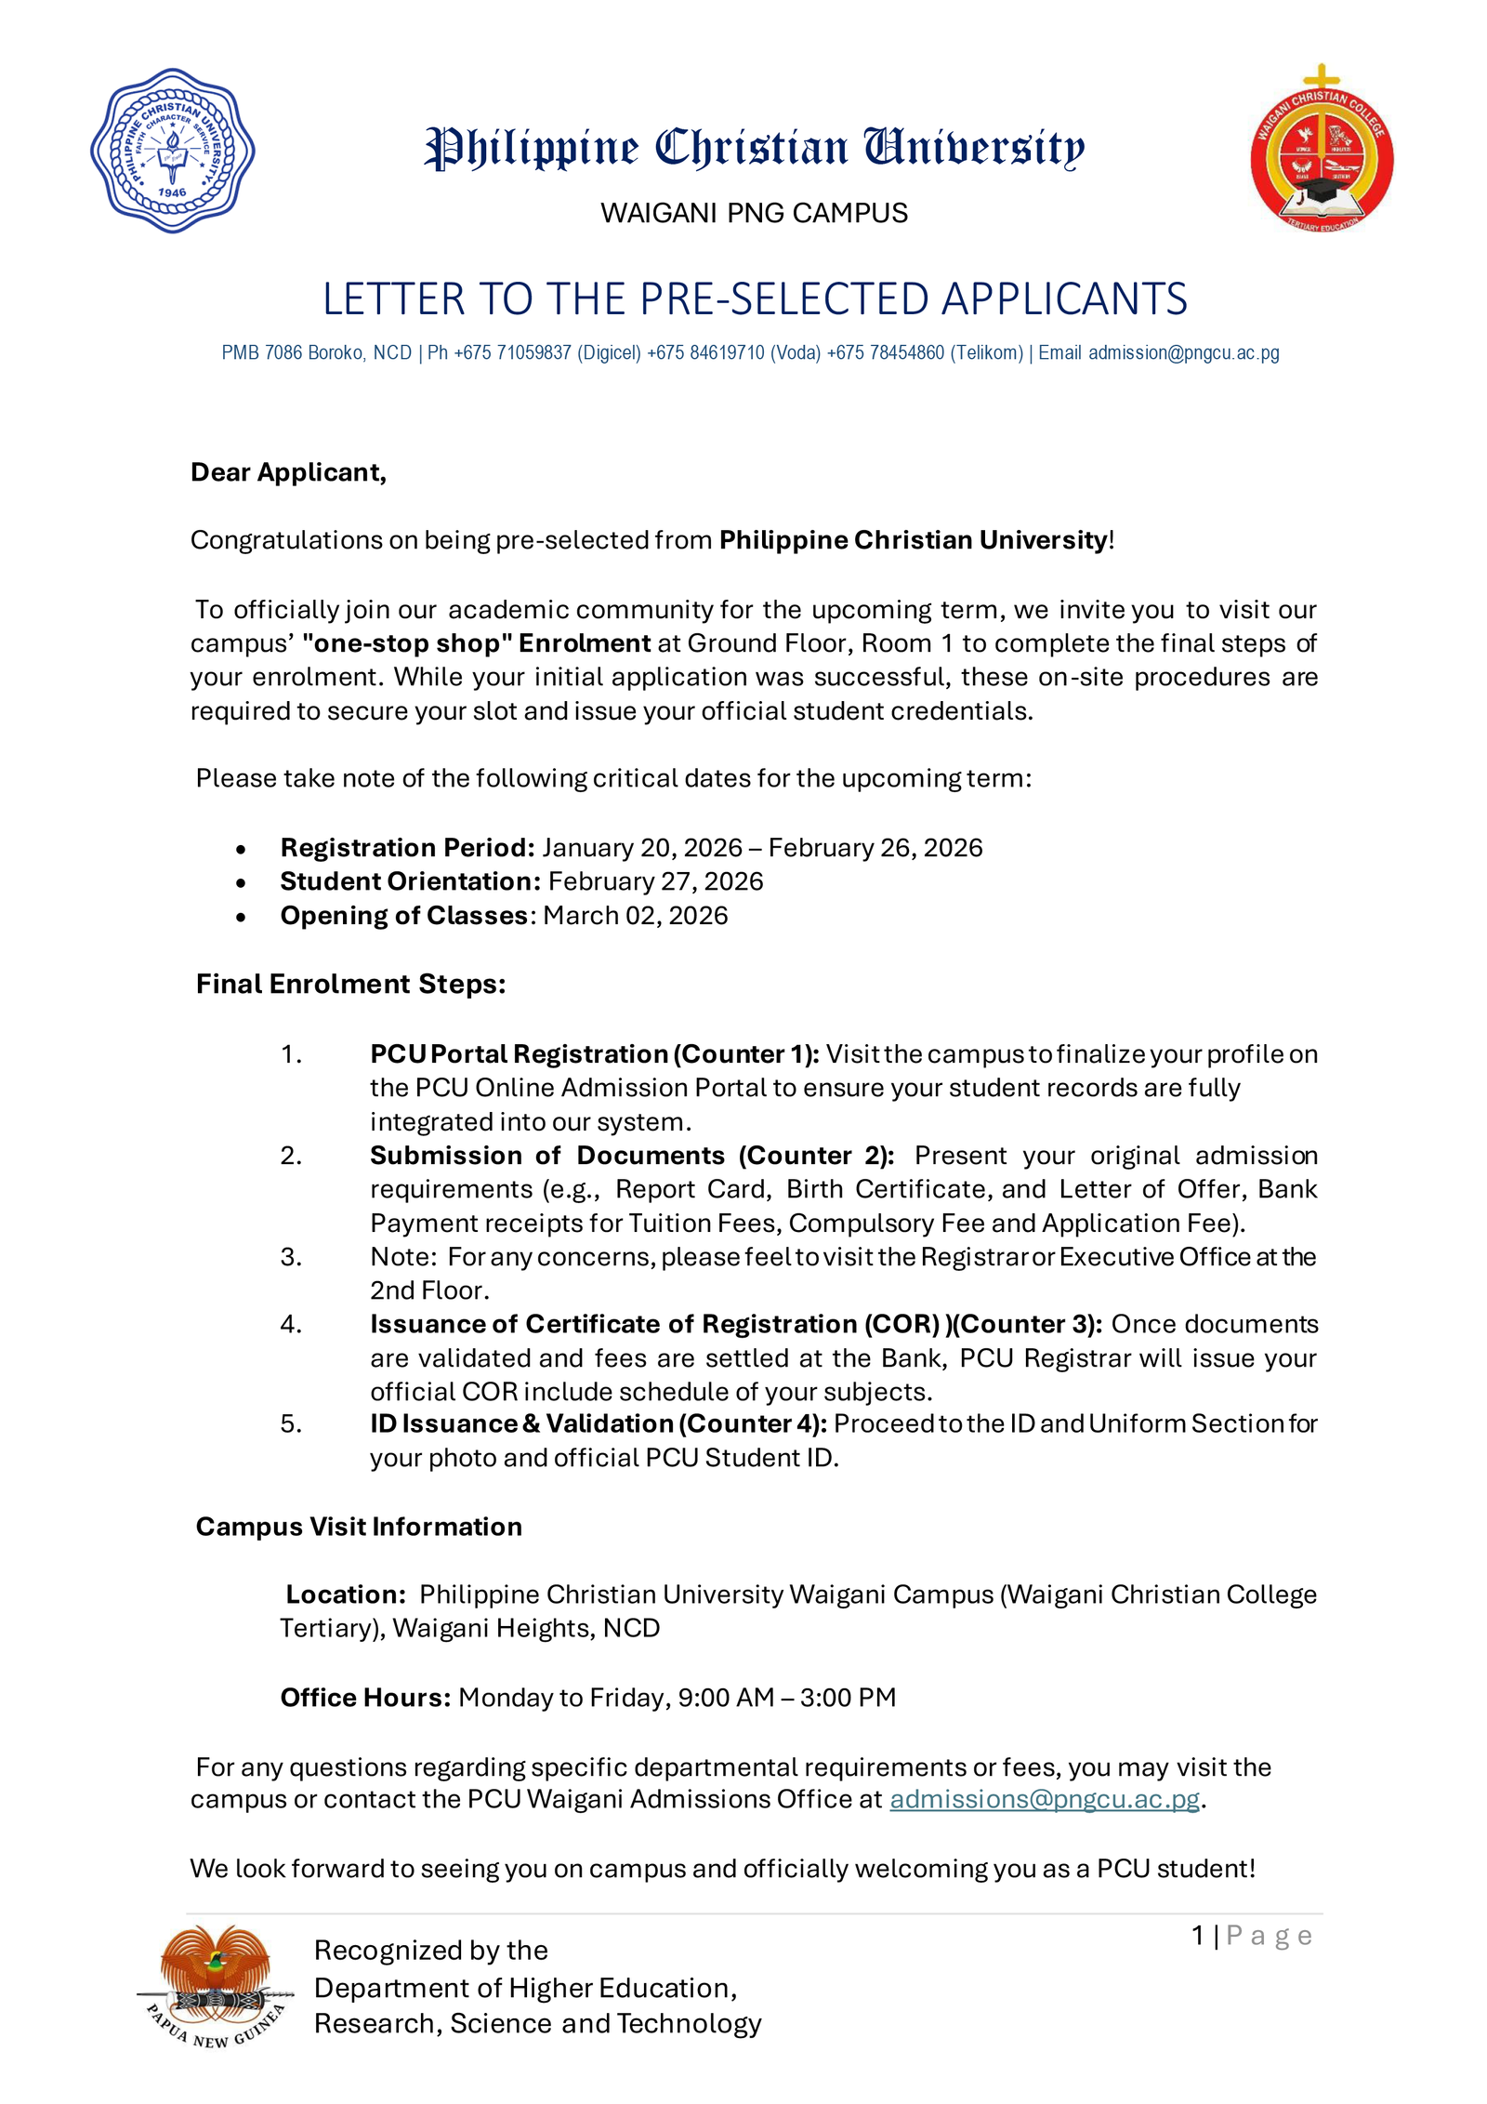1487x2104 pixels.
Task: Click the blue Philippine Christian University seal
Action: point(172,151)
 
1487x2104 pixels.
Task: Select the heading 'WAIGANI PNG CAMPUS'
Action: point(754,213)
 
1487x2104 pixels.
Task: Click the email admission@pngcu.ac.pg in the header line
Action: point(1183,353)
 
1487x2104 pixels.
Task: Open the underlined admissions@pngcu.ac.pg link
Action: point(1045,1799)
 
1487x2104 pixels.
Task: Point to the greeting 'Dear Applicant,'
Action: point(288,472)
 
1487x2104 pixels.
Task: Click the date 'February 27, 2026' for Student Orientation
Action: point(655,881)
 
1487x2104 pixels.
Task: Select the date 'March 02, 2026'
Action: point(635,916)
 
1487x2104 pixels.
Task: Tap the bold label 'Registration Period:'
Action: point(407,848)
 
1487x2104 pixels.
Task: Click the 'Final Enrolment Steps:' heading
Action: point(350,984)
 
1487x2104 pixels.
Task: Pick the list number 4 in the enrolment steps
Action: point(290,1324)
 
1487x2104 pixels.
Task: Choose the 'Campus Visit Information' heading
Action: point(359,1527)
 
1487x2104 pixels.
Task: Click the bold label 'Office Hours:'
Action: point(365,1698)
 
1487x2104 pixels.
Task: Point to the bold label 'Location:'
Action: point(345,1595)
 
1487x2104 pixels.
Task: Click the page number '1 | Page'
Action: point(1251,1936)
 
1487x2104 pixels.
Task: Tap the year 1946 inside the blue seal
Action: point(172,192)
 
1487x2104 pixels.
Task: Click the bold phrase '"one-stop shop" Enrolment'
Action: point(476,643)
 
